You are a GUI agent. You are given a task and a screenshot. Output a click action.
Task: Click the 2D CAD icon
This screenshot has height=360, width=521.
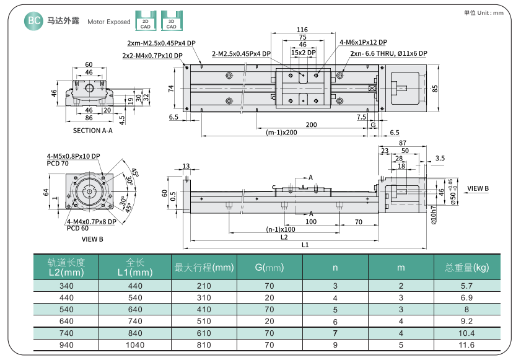point(145,21)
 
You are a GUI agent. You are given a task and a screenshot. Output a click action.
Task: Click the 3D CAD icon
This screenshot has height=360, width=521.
point(170,21)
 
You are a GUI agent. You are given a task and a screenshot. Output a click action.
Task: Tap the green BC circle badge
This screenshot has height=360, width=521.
point(34,21)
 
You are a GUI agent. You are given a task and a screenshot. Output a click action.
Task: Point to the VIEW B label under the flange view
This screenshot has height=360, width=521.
point(93,239)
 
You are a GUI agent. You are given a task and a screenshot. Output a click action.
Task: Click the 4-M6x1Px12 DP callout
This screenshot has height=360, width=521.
point(363,42)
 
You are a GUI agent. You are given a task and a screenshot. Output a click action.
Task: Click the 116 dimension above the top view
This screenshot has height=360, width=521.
point(302,30)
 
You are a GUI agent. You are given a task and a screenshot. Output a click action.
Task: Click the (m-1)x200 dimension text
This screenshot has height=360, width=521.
point(281,133)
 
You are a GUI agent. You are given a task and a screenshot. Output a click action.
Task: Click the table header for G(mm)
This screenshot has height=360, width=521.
point(269,268)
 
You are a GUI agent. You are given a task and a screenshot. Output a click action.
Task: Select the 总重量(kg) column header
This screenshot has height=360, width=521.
point(466,268)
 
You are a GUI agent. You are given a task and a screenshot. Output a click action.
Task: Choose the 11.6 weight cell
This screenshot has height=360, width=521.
point(466,345)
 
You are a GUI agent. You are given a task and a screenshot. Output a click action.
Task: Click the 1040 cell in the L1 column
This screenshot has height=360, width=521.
point(135,345)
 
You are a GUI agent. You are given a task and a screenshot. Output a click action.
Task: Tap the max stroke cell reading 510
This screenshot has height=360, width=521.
point(204,321)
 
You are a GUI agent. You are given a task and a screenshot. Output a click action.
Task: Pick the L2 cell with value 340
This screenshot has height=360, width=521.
point(66,286)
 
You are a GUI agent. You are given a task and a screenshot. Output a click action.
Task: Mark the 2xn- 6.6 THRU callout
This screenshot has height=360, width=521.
point(388,54)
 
